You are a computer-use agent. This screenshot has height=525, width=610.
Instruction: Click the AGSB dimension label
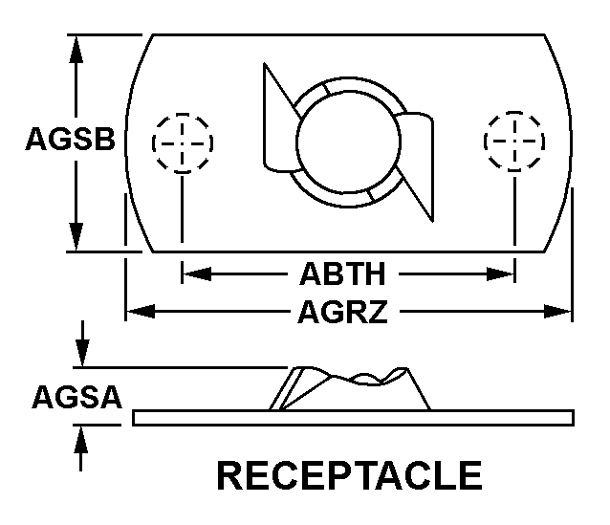(71, 139)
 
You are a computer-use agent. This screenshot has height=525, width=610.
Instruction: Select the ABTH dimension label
(342, 274)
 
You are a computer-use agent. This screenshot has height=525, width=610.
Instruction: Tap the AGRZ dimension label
(342, 312)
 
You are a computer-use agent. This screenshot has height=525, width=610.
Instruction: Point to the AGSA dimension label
(76, 397)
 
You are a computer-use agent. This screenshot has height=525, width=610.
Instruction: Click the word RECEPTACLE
(350, 475)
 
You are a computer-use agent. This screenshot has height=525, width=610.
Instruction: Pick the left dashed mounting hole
(183, 142)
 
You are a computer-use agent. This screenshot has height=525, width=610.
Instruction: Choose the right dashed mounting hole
(514, 141)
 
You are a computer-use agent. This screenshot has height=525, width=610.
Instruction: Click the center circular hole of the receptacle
(348, 142)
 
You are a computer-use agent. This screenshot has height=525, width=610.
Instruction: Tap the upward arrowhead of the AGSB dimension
(76, 50)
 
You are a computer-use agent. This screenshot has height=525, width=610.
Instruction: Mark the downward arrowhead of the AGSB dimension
(76, 236)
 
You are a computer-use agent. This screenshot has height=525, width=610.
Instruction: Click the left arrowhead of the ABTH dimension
(197, 274)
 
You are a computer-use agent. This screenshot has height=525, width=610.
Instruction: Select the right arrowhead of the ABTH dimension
(500, 274)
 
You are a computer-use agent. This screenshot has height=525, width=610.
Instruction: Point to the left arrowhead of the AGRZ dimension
(141, 312)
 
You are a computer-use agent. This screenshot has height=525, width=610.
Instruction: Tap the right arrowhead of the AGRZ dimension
(557, 312)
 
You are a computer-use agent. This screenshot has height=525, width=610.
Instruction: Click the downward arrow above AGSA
(82, 343)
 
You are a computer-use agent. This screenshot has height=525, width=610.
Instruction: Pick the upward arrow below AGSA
(81, 448)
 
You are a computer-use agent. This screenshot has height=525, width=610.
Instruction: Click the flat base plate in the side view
(353, 418)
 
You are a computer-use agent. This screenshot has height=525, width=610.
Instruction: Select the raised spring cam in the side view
(350, 388)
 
